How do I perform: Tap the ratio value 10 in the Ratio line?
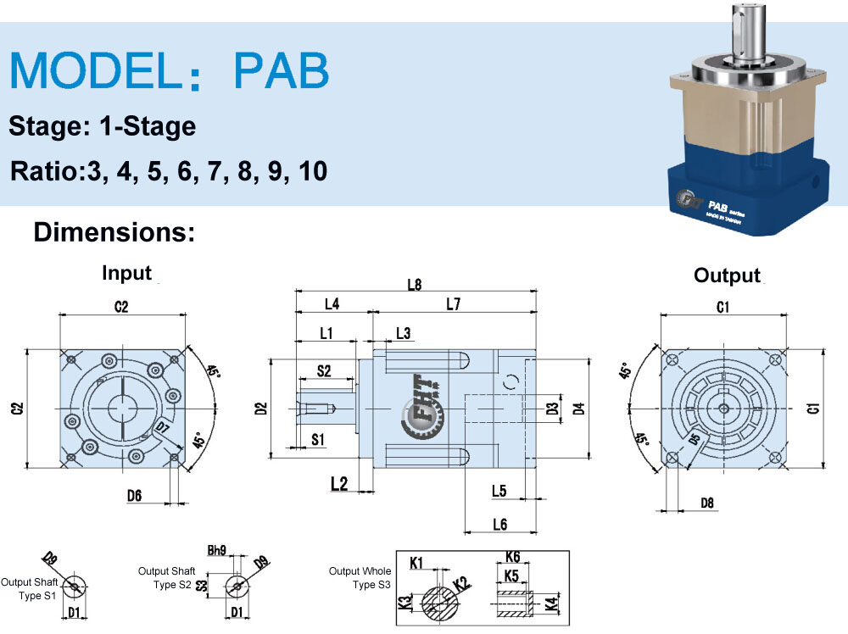tap(311, 170)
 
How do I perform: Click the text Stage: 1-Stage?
tap(103, 126)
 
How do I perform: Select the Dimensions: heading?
tap(114, 231)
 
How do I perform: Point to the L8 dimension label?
tap(414, 285)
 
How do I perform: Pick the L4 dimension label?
tap(332, 303)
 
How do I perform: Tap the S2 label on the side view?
tap(324, 370)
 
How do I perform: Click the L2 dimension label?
tap(339, 484)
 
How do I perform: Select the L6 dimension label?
tap(499, 525)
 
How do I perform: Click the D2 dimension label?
tap(261, 408)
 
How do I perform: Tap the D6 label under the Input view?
tap(134, 496)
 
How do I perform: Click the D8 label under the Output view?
tap(707, 503)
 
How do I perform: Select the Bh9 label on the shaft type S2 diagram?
tap(217, 550)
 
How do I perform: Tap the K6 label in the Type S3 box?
tap(512, 557)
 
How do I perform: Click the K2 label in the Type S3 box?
tap(461, 583)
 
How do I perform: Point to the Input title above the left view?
tap(126, 273)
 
